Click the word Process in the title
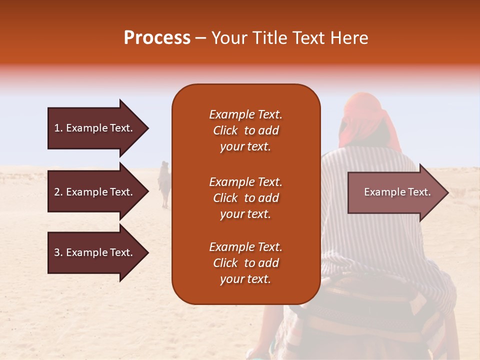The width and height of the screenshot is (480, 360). point(157,38)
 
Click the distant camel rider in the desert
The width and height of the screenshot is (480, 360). point(164,183)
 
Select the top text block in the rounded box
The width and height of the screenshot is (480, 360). point(245,130)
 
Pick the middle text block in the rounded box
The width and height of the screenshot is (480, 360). point(245,198)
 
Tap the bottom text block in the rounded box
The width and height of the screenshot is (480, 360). point(245,263)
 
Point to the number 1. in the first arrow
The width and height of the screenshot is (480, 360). point(58,128)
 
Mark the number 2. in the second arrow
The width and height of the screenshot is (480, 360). point(58,192)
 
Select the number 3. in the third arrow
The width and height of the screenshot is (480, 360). point(58,252)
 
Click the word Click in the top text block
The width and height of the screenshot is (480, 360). point(225,130)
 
